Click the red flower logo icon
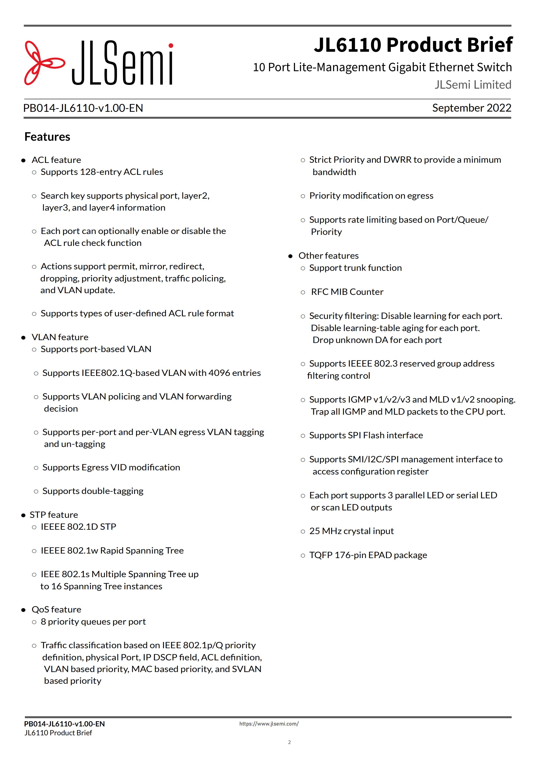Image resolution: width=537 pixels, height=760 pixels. (x=44, y=63)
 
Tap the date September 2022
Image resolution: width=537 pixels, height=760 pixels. (x=472, y=108)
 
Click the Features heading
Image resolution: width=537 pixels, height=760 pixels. (x=47, y=137)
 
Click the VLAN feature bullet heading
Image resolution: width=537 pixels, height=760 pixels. (x=60, y=337)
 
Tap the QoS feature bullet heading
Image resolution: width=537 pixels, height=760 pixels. (x=56, y=609)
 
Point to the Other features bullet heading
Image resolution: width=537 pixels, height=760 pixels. (x=328, y=256)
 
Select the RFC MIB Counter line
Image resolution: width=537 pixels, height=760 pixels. (x=347, y=292)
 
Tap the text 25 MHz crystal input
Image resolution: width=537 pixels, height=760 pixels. (x=351, y=531)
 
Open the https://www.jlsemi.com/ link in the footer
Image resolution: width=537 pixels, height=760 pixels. (x=269, y=724)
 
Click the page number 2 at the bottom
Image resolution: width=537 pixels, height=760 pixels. (x=289, y=742)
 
